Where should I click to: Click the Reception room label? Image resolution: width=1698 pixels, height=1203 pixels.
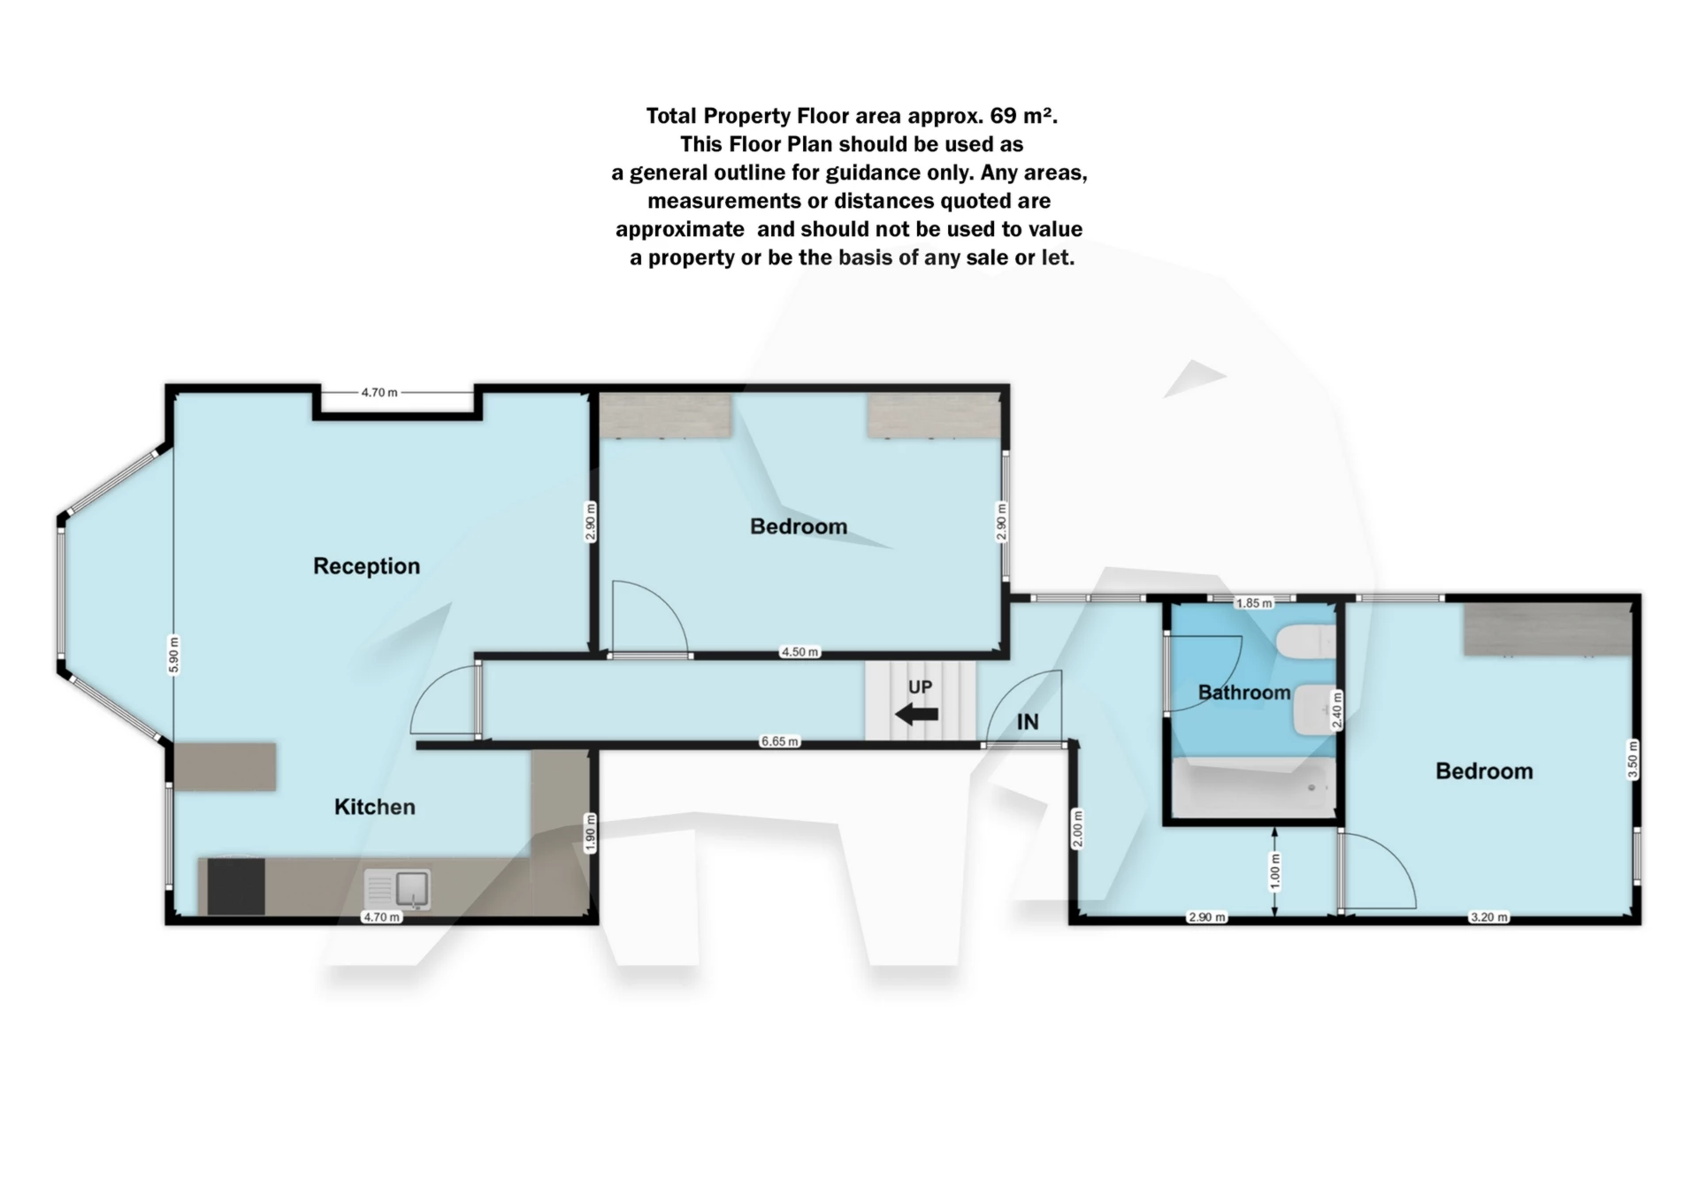coord(366,566)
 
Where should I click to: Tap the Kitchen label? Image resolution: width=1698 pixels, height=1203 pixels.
coord(374,807)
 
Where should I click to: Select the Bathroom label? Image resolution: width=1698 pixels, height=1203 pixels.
coord(1243,693)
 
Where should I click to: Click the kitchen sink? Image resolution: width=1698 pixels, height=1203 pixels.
coord(398,888)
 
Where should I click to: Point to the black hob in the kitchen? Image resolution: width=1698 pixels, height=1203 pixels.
coord(235,886)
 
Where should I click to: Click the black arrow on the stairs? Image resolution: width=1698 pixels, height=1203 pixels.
coord(916,714)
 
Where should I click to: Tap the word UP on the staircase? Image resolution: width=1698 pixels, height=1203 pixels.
coord(920,687)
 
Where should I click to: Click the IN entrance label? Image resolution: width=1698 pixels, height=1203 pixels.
coord(1028,722)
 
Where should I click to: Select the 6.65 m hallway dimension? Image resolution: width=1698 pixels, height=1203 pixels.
coord(779,741)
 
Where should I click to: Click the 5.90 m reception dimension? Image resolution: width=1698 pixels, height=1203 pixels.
coord(174,655)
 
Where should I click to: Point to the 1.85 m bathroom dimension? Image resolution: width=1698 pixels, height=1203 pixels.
coord(1253,603)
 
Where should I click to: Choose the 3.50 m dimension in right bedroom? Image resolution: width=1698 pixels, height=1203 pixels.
coord(1633,759)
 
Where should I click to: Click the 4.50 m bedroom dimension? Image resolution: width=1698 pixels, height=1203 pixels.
coord(799,652)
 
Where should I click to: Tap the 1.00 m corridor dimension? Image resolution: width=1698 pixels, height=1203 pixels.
coord(1274,871)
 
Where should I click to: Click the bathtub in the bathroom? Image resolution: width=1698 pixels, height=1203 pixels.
coord(1253,787)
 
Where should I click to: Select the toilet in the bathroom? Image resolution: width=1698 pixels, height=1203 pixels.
coord(1306,641)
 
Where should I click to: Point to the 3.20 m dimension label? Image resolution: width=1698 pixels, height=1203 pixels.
coord(1488,917)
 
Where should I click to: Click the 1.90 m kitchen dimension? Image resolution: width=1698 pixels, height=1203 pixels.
coord(591,833)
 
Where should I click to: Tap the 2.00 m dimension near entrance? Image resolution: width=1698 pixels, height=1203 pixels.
coord(1077,829)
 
